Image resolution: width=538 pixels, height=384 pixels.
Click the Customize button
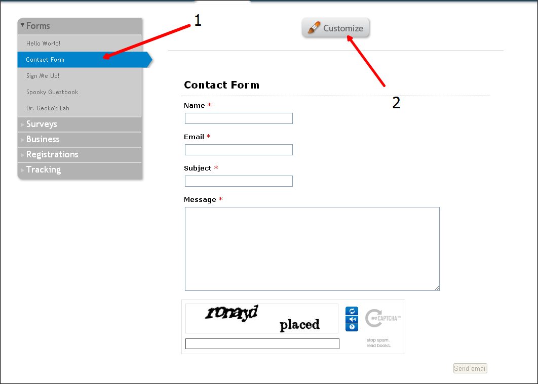(336, 28)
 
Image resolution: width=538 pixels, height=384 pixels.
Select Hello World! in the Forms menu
(43, 44)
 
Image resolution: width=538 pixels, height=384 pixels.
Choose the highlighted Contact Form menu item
(45, 60)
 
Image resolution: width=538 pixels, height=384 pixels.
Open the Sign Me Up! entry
(43, 76)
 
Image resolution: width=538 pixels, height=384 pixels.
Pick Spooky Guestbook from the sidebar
(52, 92)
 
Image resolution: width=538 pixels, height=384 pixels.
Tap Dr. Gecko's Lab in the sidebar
(48, 108)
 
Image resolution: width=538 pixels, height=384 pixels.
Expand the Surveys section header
(42, 124)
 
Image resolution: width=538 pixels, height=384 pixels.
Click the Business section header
(43, 140)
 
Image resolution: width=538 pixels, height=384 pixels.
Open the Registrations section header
(52, 155)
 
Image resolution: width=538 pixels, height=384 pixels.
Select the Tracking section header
(43, 170)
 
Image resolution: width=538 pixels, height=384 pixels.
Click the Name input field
(239, 118)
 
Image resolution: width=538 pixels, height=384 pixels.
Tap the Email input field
(239, 150)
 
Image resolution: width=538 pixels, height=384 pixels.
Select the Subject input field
(239, 181)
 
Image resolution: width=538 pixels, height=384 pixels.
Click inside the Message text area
(312, 249)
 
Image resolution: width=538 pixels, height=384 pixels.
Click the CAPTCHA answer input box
(262, 344)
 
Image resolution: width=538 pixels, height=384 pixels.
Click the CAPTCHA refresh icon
(352, 311)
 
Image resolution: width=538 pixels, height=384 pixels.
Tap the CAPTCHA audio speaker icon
(352, 319)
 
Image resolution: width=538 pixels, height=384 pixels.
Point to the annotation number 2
(396, 103)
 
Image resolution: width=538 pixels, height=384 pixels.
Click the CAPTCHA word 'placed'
(299, 325)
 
